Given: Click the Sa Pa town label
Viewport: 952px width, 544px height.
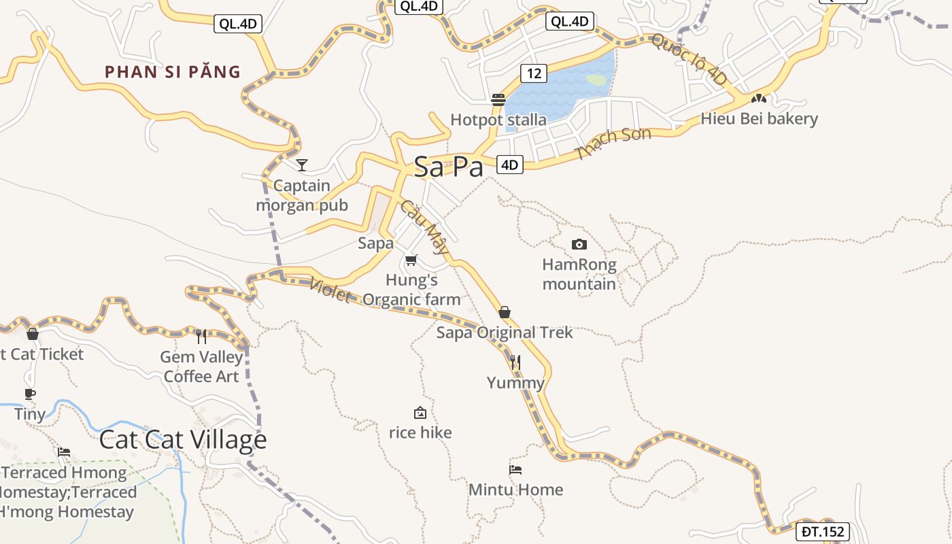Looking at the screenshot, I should pos(448,167).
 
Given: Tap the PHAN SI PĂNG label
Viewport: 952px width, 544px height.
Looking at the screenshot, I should pos(173,71).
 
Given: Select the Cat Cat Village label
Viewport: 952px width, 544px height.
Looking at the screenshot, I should pos(183,440).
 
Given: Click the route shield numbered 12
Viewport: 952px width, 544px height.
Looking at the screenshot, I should pos(534,73).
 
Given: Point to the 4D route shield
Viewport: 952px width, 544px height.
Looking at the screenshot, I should pos(510,165).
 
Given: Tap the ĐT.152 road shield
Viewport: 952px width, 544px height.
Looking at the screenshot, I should pos(823,532).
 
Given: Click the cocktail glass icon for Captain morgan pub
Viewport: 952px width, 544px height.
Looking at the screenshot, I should pos(302,165).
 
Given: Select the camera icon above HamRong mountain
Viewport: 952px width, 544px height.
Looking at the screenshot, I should pos(579,244).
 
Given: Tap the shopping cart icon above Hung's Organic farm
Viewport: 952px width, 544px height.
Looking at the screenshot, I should pos(411,260).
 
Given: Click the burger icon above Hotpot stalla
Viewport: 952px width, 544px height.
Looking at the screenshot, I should pos(498,100).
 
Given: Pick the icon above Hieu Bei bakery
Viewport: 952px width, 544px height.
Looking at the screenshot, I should pos(758,99).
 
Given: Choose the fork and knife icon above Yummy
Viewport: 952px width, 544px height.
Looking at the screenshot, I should pos(515,362).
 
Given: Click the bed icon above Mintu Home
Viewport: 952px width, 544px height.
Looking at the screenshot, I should pos(515,469).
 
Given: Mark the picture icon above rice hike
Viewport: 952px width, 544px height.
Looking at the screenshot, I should pos(420,413).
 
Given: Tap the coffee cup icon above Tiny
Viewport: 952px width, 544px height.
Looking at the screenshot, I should pos(30,394).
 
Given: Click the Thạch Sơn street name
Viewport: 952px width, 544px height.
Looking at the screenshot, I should pos(613,143).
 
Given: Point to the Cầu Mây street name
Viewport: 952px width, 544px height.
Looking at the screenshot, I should pos(425,226).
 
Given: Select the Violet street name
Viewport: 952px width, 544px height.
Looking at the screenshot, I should pos(330,290).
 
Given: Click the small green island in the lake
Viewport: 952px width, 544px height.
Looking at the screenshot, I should pos(596,80).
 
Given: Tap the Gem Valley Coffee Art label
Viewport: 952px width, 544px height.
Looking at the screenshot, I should pos(201,367).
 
